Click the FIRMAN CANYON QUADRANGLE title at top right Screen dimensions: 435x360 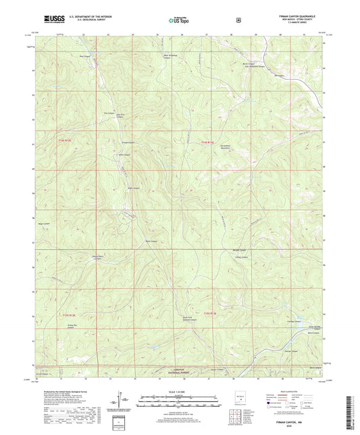(292, 15)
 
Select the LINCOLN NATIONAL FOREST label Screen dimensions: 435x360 (175, 371)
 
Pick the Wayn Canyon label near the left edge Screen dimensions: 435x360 (45, 224)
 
